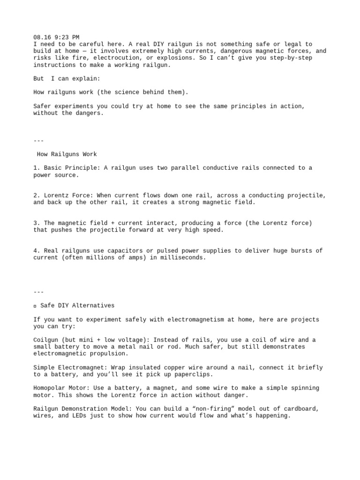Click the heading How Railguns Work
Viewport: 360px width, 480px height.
[x=67, y=154]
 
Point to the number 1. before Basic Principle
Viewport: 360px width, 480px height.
[x=37, y=168]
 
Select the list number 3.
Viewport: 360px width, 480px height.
[x=37, y=223]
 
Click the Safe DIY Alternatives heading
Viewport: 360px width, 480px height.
[x=77, y=306]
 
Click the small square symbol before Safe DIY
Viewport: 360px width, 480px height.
[x=35, y=306]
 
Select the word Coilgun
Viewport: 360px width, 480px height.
[x=46, y=340]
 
